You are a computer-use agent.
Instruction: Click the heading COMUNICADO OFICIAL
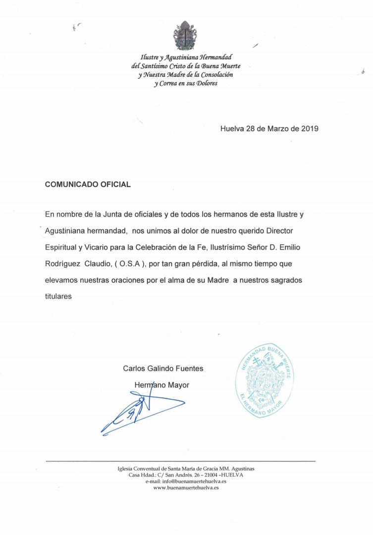[88, 184]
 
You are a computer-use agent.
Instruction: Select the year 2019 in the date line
[310, 128]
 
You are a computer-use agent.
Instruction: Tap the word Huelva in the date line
[232, 128]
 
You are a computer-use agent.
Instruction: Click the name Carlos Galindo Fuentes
[163, 369]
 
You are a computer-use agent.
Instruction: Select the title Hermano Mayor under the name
[162, 385]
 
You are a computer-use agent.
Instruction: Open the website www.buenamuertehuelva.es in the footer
[186, 487]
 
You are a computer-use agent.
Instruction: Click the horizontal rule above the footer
[180, 461]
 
